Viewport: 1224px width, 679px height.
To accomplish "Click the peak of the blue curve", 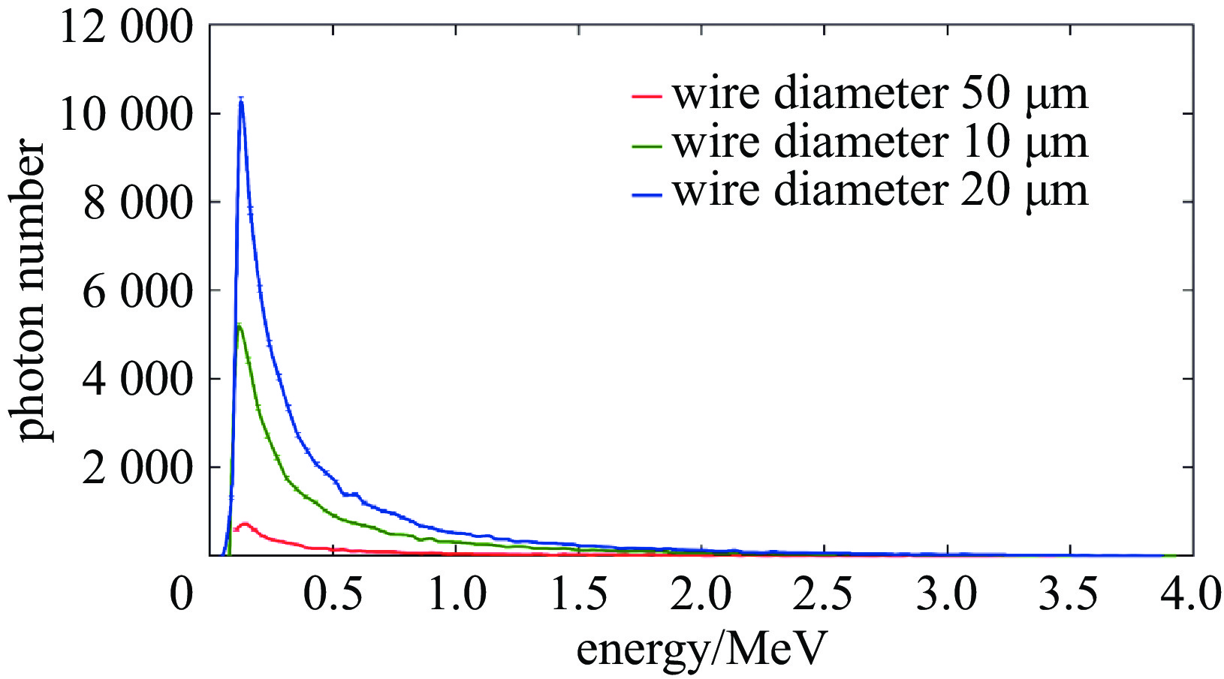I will (x=241, y=100).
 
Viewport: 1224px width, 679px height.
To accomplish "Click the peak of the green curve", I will (x=239, y=325).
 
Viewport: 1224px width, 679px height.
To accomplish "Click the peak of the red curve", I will (x=243, y=523).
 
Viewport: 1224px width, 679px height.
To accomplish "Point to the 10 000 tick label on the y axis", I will (x=127, y=114).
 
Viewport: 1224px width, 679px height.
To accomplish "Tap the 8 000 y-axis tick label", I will (x=137, y=203).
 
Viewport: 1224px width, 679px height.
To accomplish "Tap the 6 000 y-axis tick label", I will (x=137, y=290).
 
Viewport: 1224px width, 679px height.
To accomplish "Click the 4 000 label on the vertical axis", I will (x=137, y=379).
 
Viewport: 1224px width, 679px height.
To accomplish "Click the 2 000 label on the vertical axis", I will (x=137, y=467).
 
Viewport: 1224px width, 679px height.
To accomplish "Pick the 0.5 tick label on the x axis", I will (x=333, y=594).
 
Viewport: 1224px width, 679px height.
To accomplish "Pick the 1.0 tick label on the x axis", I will (x=457, y=594).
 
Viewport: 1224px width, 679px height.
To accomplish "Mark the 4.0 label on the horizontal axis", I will (x=1192, y=594).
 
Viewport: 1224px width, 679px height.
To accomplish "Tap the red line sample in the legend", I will (x=647, y=96).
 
